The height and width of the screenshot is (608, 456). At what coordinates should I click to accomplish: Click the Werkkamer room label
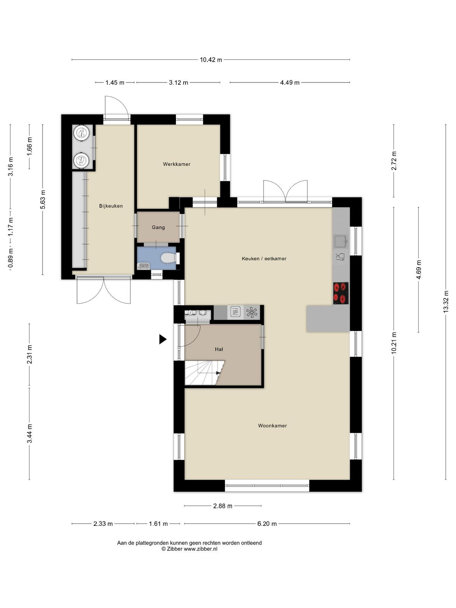coord(176,164)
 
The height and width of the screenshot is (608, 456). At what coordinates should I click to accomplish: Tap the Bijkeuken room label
coord(111,206)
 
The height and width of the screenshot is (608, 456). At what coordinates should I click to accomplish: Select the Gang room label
coord(158,227)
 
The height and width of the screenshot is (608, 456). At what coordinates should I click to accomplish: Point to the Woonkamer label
coord(272,426)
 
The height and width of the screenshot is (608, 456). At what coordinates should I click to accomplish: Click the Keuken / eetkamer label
coord(264,258)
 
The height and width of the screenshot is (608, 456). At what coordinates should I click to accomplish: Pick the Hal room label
coord(219,349)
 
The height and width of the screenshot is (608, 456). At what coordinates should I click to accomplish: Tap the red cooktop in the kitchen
coord(340,293)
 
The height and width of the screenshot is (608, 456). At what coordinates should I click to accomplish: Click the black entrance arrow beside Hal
coord(163,339)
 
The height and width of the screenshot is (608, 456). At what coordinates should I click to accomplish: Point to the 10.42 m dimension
coord(211,60)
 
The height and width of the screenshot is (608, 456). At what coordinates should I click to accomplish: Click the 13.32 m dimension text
coord(445,302)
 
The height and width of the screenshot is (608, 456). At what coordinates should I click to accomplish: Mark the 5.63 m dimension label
coord(43,200)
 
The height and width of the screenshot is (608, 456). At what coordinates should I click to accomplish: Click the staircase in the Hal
coord(204,373)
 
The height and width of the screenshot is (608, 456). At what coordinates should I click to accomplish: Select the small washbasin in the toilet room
coord(143,266)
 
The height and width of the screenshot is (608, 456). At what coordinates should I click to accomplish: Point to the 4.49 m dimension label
coord(290,82)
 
